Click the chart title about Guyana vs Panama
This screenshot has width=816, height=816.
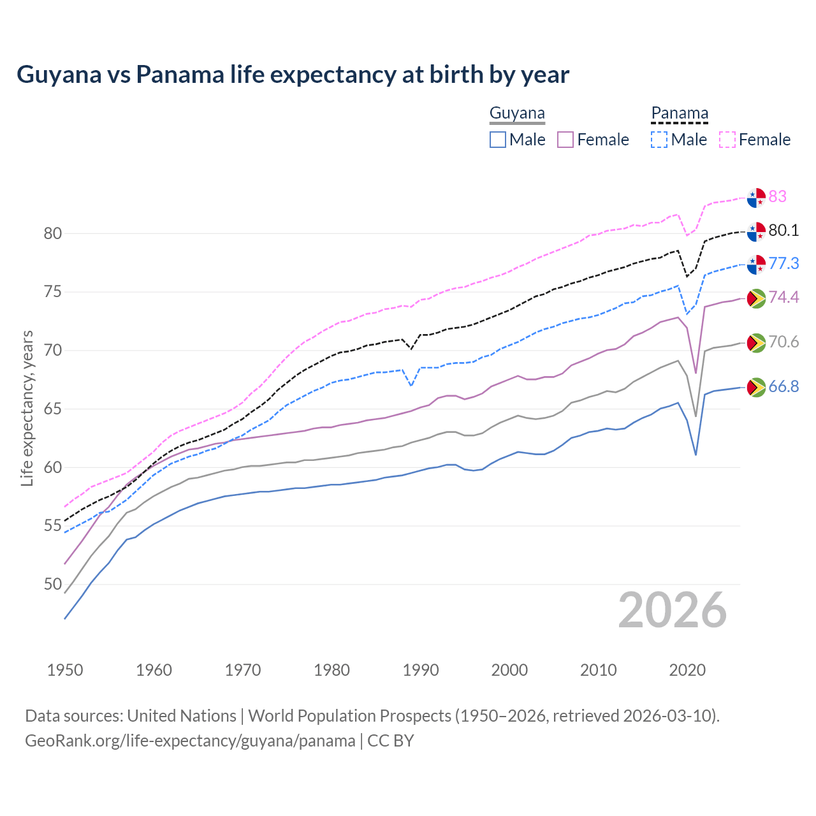pos(293,75)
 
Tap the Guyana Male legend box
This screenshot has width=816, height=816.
pos(498,140)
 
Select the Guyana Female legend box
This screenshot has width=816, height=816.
pos(566,140)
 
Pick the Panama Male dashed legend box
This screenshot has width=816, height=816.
pos(659,140)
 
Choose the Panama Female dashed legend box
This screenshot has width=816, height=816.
pos(727,140)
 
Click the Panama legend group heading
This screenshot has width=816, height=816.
pos(679,113)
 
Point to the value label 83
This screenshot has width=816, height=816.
pos(778,196)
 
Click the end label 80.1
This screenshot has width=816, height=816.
pos(783,230)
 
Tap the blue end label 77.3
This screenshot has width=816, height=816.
pos(783,263)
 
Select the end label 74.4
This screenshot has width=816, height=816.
pos(783,297)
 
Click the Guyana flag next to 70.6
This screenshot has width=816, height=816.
pos(756,342)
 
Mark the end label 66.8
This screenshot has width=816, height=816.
pos(783,386)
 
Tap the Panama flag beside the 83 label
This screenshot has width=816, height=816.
pos(756,198)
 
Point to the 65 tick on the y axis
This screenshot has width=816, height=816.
pos(53,409)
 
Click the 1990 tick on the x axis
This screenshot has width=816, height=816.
pos(421,670)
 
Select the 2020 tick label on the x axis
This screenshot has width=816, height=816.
pos(687,670)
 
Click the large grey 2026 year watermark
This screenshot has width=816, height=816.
pos(673,610)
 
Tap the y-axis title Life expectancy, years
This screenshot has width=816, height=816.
pos(27,408)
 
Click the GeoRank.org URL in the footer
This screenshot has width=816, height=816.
pos(190,741)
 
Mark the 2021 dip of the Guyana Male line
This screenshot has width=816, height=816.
pos(696,454)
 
